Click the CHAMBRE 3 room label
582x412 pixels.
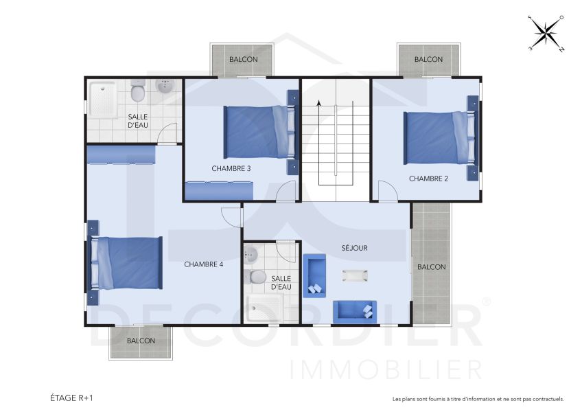[x=231, y=168]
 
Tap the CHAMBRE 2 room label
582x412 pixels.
[x=428, y=179]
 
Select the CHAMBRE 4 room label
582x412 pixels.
[x=204, y=264]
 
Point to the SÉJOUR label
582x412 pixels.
[x=356, y=248]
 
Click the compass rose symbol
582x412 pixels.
[x=546, y=32]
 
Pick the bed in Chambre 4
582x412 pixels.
[x=128, y=263]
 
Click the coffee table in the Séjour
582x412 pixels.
[x=356, y=276]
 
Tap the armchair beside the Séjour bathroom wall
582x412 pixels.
[x=314, y=275]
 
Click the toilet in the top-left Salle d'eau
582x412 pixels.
[x=138, y=91]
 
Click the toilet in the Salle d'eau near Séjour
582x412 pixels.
[x=257, y=277]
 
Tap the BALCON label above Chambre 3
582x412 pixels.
[x=244, y=60]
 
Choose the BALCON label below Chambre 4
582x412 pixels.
[x=141, y=341]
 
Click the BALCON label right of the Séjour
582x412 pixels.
[x=432, y=267]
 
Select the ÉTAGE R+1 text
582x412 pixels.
[x=71, y=398]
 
